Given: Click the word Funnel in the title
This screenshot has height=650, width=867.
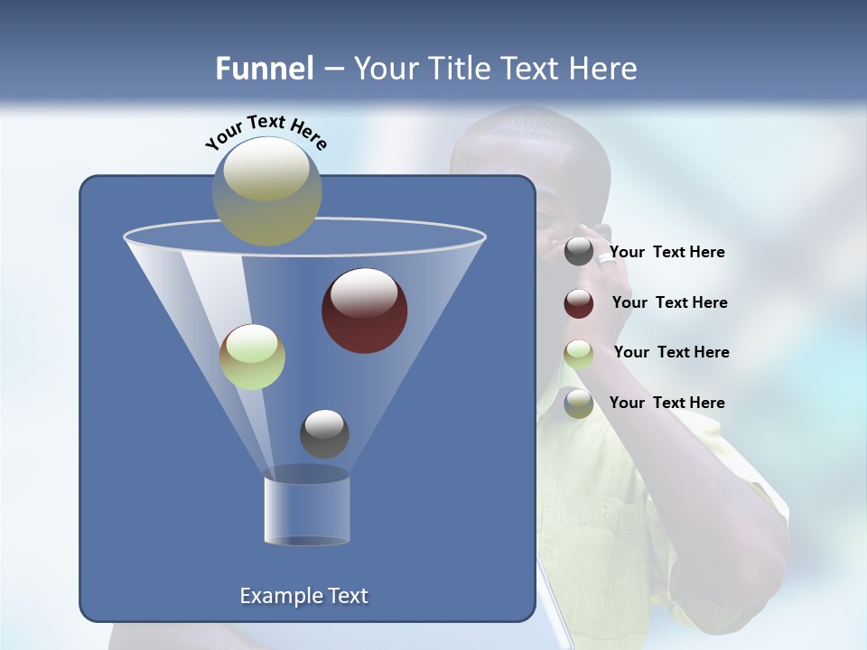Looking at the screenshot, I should click(265, 69).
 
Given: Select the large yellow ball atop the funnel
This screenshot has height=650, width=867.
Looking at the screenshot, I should click(267, 190).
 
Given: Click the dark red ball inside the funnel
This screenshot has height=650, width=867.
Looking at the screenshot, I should click(365, 311).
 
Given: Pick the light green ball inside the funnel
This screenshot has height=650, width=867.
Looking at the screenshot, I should click(253, 357).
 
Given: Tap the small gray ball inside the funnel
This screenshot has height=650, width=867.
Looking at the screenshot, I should click(324, 433).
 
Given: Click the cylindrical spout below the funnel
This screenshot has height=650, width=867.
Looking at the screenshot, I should click(307, 510).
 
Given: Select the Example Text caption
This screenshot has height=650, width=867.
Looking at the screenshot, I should click(304, 596).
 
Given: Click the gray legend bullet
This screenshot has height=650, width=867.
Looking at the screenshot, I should click(579, 252).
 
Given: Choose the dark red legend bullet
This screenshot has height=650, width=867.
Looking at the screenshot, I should click(579, 303).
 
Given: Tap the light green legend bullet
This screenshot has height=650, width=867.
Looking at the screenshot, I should click(579, 354).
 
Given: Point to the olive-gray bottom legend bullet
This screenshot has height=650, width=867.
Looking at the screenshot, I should click(579, 404).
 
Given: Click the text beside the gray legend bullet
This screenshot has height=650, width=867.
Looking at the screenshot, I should click(667, 253).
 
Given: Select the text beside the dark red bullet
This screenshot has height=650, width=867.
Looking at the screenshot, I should click(670, 303).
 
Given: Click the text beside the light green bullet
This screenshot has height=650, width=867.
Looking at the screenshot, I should click(672, 353).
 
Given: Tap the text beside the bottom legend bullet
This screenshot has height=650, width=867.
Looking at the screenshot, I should click(667, 404).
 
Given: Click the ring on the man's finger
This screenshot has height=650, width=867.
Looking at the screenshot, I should click(604, 258).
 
